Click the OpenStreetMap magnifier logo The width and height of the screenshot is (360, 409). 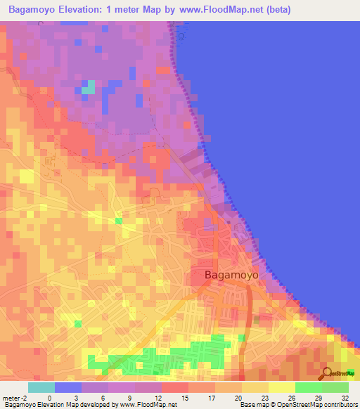(x=327, y=373)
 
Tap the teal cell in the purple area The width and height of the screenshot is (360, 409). (x=88, y=88)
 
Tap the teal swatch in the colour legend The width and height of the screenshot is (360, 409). (x=41, y=387)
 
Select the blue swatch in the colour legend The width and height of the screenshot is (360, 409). (x=68, y=387)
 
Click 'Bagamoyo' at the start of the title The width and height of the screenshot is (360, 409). (x=29, y=10)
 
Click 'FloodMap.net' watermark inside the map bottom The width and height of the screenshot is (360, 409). (x=155, y=378)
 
